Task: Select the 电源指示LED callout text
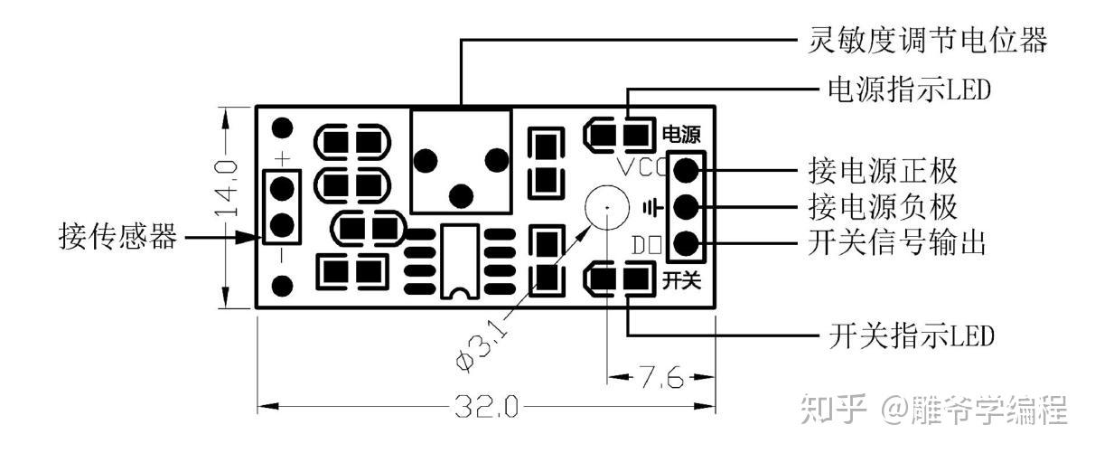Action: (910, 90)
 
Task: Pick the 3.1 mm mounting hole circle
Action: (606, 207)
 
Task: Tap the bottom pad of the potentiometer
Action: (462, 193)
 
